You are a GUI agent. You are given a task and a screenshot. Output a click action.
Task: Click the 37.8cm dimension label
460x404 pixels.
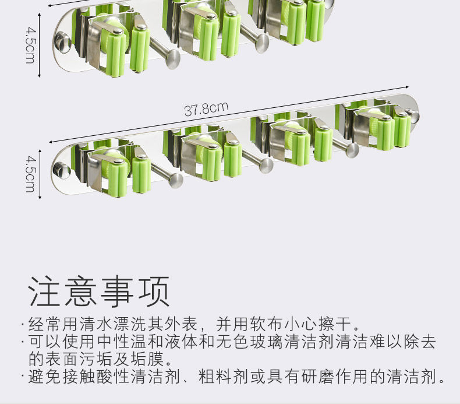[x=206, y=108]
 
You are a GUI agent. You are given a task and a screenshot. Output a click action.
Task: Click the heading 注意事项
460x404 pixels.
[x=99, y=291]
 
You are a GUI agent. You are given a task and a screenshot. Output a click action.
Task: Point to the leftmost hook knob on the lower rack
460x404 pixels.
[x=174, y=180]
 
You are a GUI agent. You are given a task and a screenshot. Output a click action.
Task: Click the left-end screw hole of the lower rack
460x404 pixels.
[x=58, y=171]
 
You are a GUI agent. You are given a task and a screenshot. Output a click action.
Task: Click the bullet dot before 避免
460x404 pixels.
[x=23, y=377]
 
